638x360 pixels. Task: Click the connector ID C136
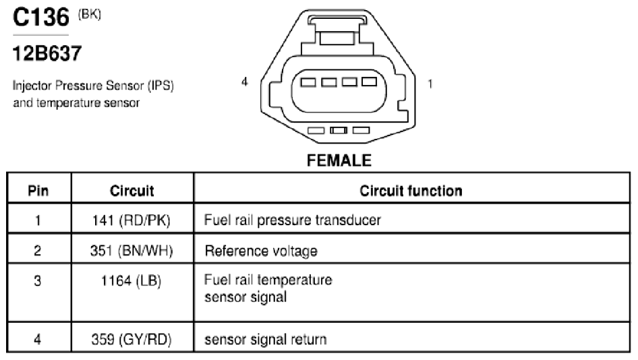click(41, 18)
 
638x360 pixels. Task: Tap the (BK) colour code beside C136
click(89, 15)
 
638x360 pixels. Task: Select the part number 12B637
click(47, 53)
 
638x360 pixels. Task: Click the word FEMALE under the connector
click(339, 160)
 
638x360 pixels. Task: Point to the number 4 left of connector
click(244, 82)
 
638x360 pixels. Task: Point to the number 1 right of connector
click(430, 84)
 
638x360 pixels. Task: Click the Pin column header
click(38, 190)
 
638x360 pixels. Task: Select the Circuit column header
click(132, 190)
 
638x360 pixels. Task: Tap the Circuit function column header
click(411, 190)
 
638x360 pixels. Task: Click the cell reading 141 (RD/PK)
click(131, 220)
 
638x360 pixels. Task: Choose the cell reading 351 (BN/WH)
click(132, 251)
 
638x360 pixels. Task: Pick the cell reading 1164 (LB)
click(131, 280)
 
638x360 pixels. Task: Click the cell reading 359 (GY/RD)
click(132, 339)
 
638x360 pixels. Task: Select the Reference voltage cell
click(261, 251)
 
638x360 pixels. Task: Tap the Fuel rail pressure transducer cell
click(292, 220)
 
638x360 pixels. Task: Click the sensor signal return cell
click(265, 339)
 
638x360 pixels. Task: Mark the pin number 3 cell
click(38, 280)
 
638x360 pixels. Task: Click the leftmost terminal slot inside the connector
click(308, 82)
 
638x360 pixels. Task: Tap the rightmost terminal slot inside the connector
click(369, 82)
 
